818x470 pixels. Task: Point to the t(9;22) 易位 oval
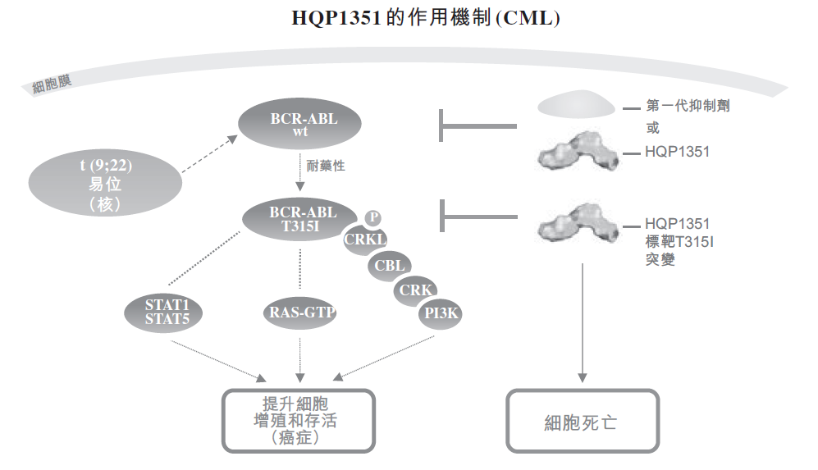click(x=106, y=185)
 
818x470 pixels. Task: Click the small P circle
click(x=373, y=217)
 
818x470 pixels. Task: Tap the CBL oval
click(x=390, y=266)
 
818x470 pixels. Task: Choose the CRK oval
click(x=415, y=290)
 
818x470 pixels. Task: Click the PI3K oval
click(x=441, y=313)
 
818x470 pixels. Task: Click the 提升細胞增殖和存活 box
click(x=298, y=420)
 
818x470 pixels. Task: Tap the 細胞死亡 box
click(x=582, y=422)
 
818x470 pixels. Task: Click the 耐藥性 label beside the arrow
click(x=327, y=166)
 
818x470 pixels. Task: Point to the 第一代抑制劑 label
click(x=688, y=106)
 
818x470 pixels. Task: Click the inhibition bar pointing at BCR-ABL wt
click(x=478, y=126)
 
